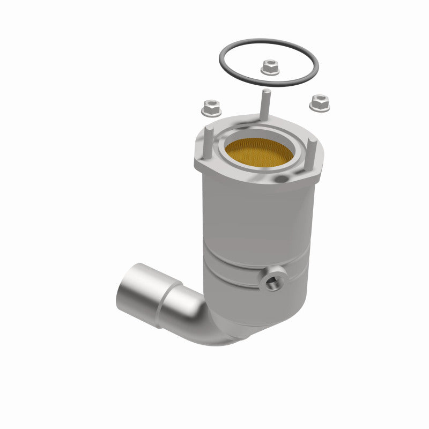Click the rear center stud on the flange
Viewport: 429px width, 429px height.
pyautogui.click(x=265, y=105)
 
